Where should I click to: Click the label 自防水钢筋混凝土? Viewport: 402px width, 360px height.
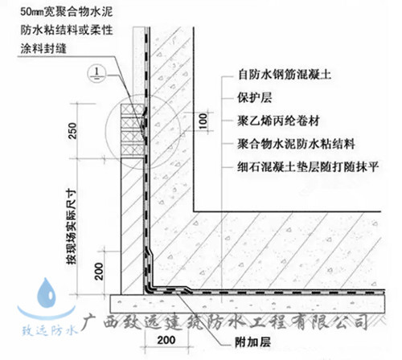(x=285, y=74)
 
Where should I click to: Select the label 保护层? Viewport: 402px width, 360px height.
(x=254, y=97)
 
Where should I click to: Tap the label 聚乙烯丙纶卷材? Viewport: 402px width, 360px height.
(x=278, y=121)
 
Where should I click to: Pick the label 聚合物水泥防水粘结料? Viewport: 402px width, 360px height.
(x=296, y=144)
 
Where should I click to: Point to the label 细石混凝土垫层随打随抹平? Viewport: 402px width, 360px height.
(x=308, y=167)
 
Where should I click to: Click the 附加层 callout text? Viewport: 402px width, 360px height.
(x=252, y=342)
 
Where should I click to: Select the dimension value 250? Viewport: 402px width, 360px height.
(x=72, y=130)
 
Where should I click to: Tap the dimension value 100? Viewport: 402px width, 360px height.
(x=203, y=121)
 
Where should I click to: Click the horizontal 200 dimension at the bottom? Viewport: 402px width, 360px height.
(x=166, y=340)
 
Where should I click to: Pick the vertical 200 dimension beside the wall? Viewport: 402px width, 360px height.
(x=99, y=272)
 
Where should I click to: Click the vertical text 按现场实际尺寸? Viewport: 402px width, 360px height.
(x=72, y=227)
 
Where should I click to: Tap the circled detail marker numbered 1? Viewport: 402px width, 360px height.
(x=96, y=73)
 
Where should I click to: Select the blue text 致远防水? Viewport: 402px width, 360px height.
(x=49, y=330)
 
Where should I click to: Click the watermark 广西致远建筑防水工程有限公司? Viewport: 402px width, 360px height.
(x=224, y=321)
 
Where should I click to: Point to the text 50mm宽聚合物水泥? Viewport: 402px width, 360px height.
(x=67, y=12)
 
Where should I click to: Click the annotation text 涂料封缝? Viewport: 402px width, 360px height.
(x=43, y=48)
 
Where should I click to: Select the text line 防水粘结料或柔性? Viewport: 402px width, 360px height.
(x=67, y=30)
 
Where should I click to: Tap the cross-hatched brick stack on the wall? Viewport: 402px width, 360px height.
(x=133, y=130)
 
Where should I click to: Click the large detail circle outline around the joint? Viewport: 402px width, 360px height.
(x=105, y=132)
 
